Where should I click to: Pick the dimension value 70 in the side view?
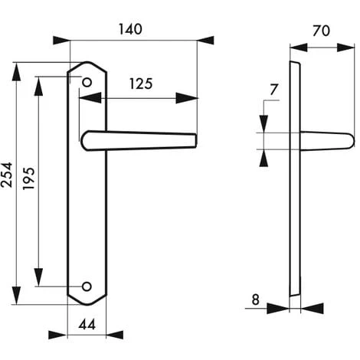[322, 33]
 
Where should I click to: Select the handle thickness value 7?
[273, 90]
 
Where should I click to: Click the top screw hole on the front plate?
[87, 80]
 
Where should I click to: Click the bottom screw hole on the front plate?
[87, 286]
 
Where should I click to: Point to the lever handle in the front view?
[138, 140]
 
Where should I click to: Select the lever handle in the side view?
[326, 140]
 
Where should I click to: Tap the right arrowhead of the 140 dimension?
[205, 39]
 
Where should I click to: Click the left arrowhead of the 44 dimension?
[57, 335]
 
